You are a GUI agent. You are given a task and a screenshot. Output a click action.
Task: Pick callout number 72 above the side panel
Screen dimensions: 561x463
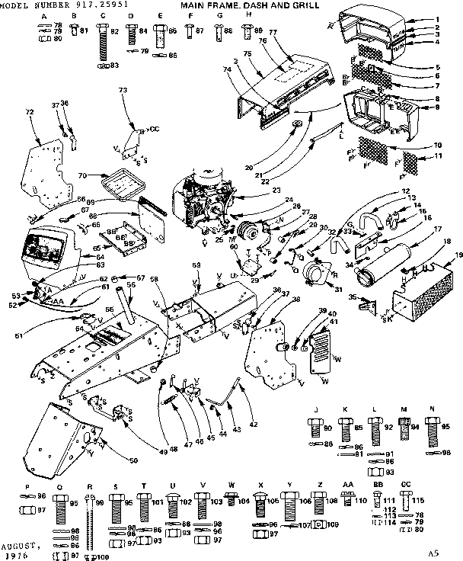(30, 113)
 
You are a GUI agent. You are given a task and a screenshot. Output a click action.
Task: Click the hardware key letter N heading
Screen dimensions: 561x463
(432, 410)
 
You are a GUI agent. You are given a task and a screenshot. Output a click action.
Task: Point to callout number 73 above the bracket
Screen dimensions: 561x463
(123, 91)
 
